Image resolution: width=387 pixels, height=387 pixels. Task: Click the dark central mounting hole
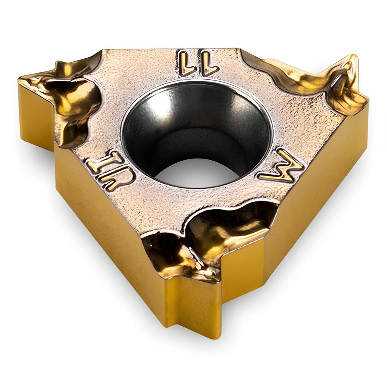pyautogui.click(x=197, y=132)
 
